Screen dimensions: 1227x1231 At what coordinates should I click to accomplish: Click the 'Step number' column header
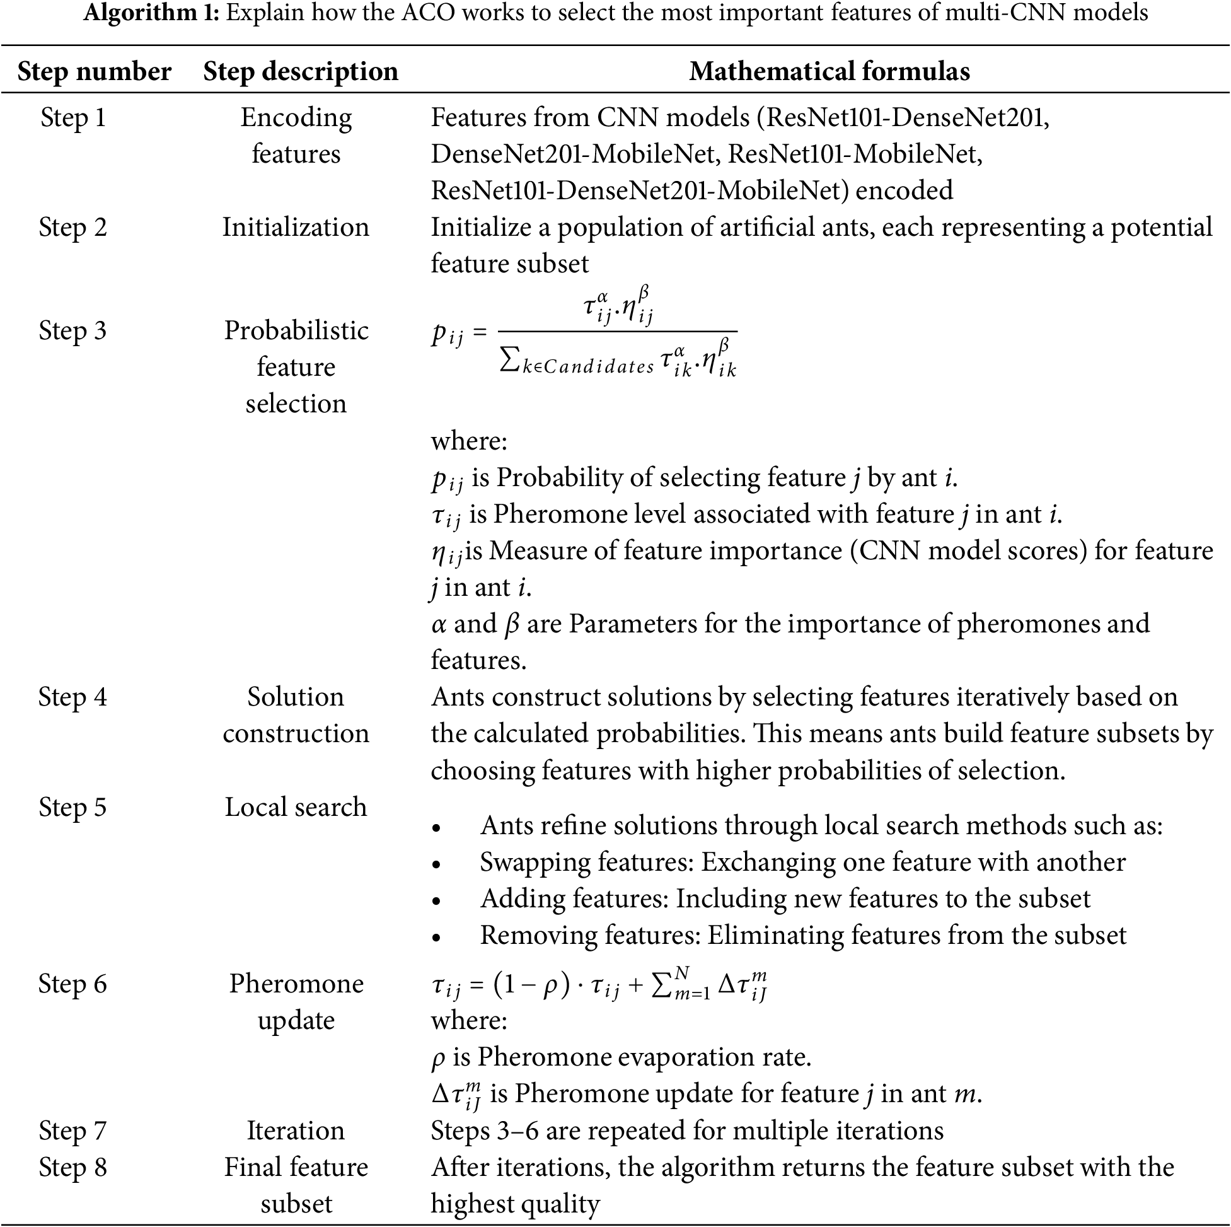(x=95, y=71)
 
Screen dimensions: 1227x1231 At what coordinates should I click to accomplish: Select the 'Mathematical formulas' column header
(x=829, y=71)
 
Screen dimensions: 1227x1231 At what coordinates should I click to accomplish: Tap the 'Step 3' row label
(x=72, y=331)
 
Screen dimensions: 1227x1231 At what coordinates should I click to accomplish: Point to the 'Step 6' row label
(x=72, y=984)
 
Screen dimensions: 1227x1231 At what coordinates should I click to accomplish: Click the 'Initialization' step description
(x=296, y=228)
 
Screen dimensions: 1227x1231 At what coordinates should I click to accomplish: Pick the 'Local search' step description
(x=296, y=807)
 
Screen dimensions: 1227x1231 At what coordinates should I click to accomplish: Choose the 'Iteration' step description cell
(x=296, y=1130)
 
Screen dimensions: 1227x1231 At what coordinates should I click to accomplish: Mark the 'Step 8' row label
(x=72, y=1167)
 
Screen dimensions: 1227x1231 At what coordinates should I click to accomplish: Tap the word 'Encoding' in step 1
(x=296, y=118)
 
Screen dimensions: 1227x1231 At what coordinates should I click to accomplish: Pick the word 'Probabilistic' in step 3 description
(x=296, y=331)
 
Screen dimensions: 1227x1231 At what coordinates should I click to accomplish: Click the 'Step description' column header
(x=301, y=71)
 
